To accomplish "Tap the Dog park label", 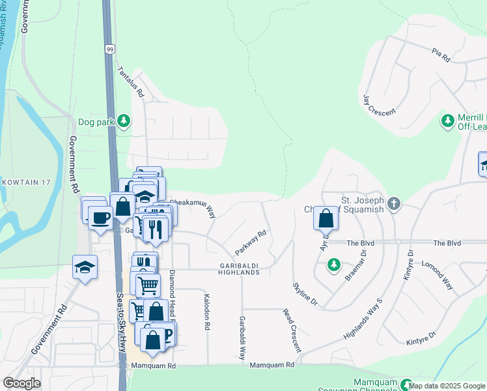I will point(96,121).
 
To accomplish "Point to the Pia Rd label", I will point(441,55).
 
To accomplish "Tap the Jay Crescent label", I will point(379,104).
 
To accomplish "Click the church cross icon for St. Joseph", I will point(393,204).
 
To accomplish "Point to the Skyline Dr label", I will point(305,295).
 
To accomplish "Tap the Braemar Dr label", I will point(357,268).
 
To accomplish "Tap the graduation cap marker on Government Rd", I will point(85,267).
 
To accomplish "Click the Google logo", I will point(22,384).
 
